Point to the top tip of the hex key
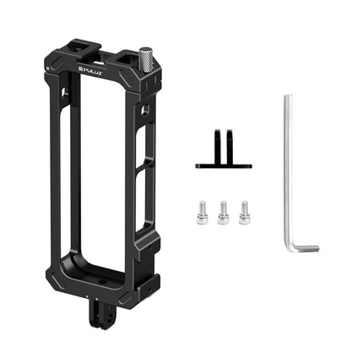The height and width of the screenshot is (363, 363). click(287, 97)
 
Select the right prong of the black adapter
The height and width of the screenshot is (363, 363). click(229, 144)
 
